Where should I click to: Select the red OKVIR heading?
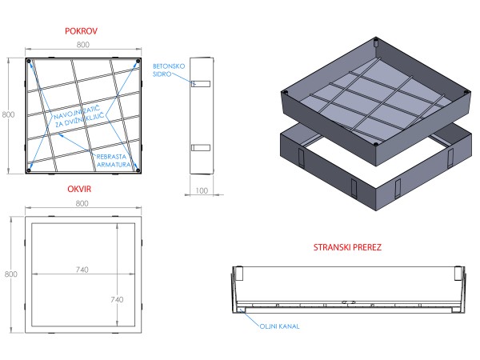[79, 190]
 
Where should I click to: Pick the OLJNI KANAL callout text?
[278, 326]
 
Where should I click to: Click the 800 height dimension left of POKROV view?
[9, 115]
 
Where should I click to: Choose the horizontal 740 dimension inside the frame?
[82, 271]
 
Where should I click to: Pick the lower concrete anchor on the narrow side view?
[200, 147]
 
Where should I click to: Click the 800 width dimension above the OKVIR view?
[82, 204]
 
